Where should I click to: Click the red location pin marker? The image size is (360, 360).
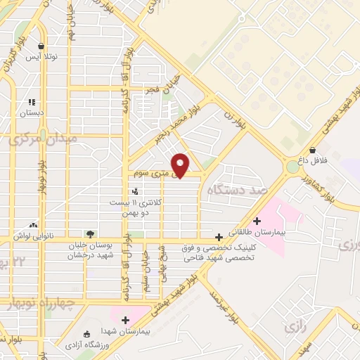181,165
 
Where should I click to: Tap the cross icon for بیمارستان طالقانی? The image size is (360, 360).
257,221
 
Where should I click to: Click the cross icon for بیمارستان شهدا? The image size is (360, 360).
126,320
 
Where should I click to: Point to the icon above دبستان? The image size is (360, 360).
32,101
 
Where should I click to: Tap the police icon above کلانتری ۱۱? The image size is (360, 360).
134,191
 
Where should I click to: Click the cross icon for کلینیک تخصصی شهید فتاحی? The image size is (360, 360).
219,238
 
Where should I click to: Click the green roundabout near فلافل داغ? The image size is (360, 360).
292,167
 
